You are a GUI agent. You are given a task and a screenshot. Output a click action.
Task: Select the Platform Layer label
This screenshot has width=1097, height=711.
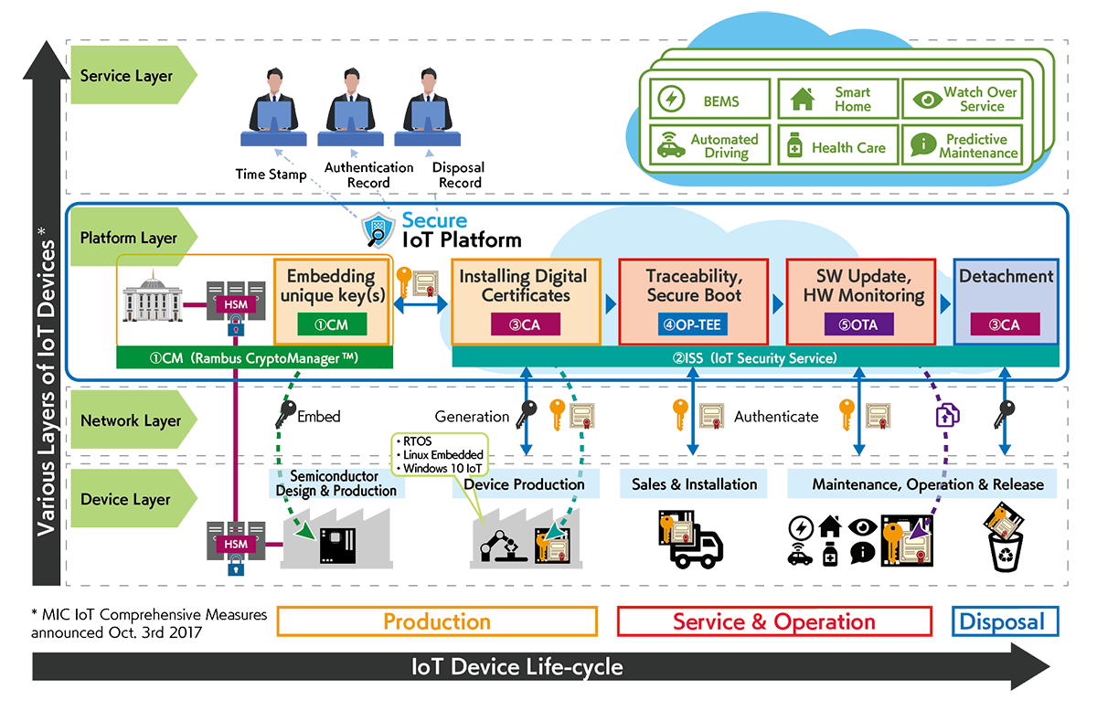tap(130, 239)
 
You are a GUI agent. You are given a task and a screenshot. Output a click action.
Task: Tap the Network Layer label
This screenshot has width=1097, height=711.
tap(132, 421)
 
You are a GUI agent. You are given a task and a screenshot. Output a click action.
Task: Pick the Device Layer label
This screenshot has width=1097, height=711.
tap(126, 500)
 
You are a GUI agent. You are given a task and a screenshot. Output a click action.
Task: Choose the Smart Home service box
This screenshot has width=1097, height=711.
tap(837, 100)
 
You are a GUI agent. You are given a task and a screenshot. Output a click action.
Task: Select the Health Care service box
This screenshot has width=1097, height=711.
tap(837, 146)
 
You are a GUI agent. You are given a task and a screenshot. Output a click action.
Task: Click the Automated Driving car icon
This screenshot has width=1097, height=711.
tap(670, 146)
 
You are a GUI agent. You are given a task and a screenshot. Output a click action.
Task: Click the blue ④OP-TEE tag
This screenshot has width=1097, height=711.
tap(691, 323)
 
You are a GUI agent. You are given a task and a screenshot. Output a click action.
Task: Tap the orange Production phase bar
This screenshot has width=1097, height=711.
tap(437, 622)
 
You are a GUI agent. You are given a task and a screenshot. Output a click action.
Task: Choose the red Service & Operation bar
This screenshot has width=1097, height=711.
tap(774, 622)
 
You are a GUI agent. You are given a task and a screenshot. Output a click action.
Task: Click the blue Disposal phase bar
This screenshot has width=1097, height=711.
tap(1000, 622)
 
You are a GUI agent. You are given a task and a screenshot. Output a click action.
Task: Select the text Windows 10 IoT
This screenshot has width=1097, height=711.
tap(439, 468)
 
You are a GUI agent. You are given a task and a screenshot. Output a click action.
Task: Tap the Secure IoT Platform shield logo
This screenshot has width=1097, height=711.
tap(378, 231)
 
